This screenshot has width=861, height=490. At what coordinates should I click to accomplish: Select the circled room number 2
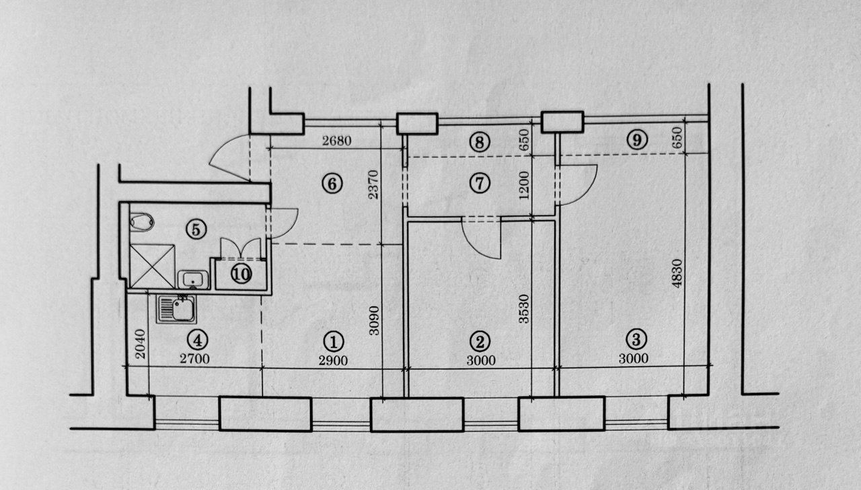click(480, 340)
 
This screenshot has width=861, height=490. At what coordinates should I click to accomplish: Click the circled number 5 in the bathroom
click(195, 229)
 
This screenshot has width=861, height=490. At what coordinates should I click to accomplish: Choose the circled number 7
click(480, 183)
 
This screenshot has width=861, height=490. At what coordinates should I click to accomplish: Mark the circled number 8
click(480, 142)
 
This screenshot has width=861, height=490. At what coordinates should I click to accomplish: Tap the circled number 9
click(636, 140)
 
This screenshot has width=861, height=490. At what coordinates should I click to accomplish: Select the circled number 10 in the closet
click(240, 274)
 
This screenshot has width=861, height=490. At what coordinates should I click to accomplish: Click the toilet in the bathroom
click(141, 221)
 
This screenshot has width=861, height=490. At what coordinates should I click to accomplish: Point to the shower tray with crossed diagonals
click(151, 267)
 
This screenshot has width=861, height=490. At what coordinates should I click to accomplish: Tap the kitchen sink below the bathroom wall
click(176, 309)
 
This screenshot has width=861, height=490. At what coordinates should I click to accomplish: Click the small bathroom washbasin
click(192, 279)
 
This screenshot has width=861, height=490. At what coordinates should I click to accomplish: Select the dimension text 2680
click(336, 141)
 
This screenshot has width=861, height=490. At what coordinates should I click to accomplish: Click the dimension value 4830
click(678, 275)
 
